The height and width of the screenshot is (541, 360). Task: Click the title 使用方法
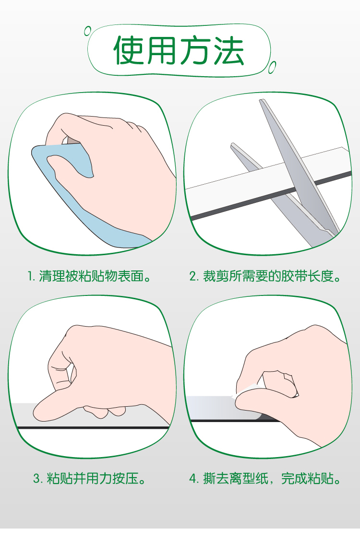pyautogui.click(x=179, y=50)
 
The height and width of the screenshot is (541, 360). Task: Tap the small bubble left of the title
pyautogui.click(x=88, y=31)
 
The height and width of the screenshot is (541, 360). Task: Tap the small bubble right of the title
pyautogui.click(x=272, y=67)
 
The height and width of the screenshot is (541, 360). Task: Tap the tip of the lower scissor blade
pyautogui.click(x=232, y=145)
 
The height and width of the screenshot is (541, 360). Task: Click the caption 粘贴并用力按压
pyautogui.click(x=96, y=479)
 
